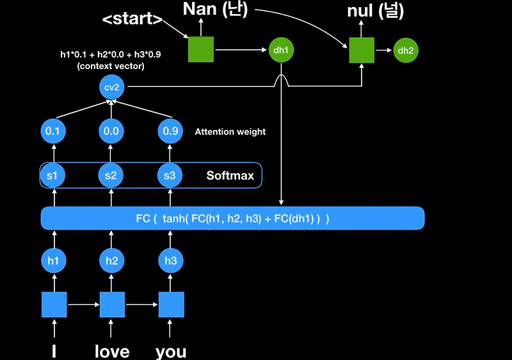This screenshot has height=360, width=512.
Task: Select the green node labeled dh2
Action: (x=405, y=50)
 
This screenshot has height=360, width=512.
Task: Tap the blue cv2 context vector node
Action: (x=112, y=87)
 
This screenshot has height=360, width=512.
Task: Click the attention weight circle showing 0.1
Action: (x=54, y=132)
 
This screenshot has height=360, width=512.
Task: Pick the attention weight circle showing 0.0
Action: (x=112, y=132)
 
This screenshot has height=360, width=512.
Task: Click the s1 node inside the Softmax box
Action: (x=54, y=175)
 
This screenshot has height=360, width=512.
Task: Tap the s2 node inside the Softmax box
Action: (x=112, y=175)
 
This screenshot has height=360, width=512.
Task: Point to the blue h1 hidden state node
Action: (x=54, y=261)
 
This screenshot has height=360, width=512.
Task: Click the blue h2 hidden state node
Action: (x=112, y=261)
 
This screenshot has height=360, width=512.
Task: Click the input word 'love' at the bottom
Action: (x=112, y=351)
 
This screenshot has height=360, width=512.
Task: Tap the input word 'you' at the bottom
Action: (x=171, y=351)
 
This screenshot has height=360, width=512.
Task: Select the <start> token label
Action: (x=132, y=19)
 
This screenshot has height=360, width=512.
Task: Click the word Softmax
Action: (x=230, y=175)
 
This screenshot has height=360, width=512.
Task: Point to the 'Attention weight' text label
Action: (x=230, y=132)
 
